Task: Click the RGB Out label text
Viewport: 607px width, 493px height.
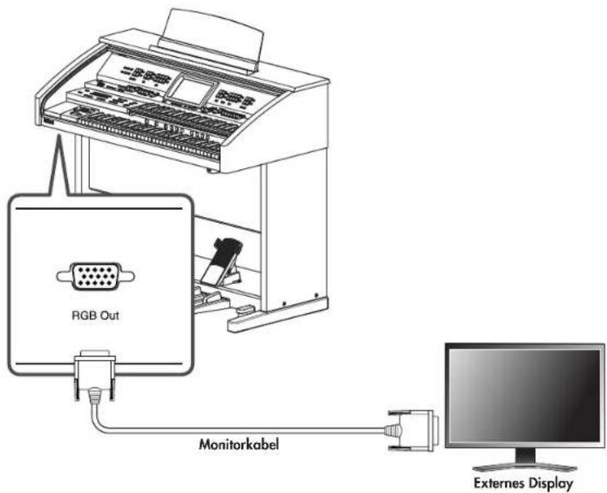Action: coord(96,315)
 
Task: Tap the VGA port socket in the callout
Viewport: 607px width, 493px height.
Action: coord(96,276)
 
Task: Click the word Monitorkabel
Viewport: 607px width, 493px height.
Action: coord(239,444)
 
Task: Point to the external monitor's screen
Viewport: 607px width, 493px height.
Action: coord(524,396)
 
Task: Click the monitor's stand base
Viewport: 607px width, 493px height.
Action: coord(524,467)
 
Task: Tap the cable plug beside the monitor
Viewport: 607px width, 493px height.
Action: coord(412,430)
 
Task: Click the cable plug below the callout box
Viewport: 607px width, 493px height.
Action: coord(95,377)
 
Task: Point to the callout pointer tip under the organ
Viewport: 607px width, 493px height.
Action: coord(59,135)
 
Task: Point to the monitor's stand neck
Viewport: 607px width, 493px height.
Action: coord(525,455)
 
